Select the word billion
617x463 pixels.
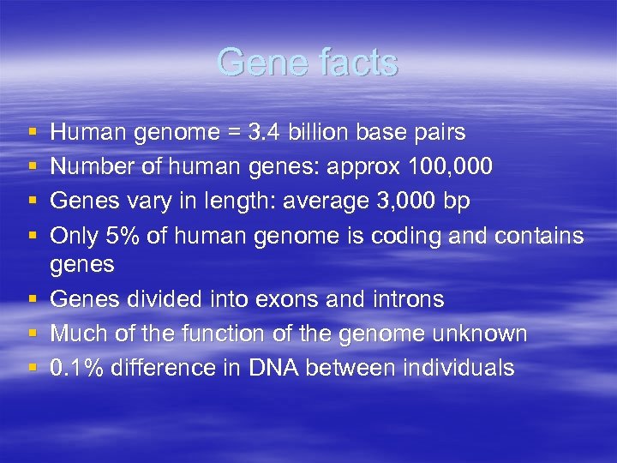pos(316,132)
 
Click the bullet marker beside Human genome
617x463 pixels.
pos(32,133)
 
